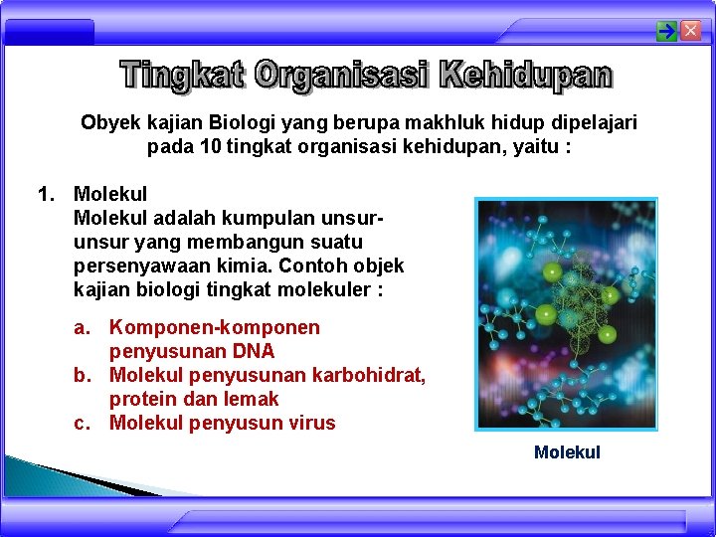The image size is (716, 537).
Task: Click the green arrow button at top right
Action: pyautogui.click(x=666, y=31)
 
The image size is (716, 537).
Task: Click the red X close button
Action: pyautogui.click(x=690, y=31)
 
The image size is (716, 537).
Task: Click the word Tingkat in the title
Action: pyautogui.click(x=183, y=75)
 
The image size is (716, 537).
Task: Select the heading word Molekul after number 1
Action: pyautogui.click(x=110, y=194)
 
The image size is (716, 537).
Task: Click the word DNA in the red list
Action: pyautogui.click(x=254, y=351)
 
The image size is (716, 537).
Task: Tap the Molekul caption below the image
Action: pyautogui.click(x=567, y=452)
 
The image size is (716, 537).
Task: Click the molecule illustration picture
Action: pyautogui.click(x=566, y=313)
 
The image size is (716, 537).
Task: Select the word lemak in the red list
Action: pyautogui.click(x=252, y=399)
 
